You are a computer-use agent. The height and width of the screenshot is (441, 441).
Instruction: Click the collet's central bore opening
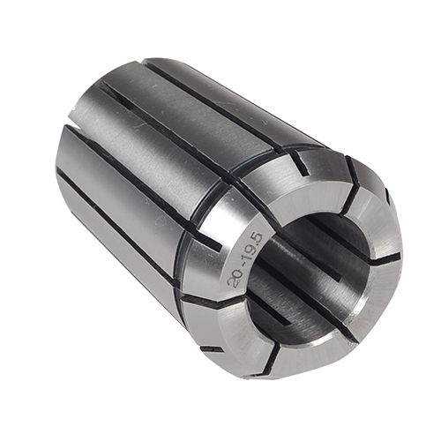pos(309,265)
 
